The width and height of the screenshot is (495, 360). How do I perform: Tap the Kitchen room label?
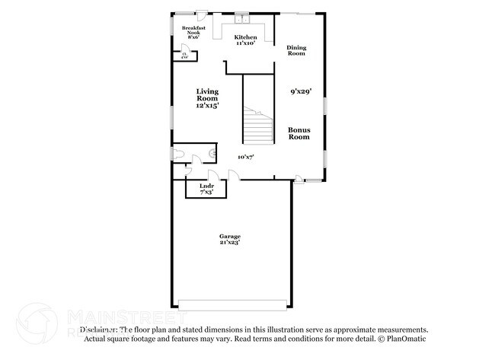245,40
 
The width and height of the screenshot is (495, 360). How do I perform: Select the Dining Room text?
296,51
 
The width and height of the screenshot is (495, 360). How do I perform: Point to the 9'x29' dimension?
301,92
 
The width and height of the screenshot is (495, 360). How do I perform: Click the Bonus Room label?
299,133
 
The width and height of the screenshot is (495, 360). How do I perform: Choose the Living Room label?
207,98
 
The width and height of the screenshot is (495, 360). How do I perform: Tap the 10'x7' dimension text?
245,157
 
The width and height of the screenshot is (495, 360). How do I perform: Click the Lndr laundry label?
206,189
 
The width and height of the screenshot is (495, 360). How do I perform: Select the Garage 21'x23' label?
230,239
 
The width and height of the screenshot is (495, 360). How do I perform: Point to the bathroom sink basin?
212,153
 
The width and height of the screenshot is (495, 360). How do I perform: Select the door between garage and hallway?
235,177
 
